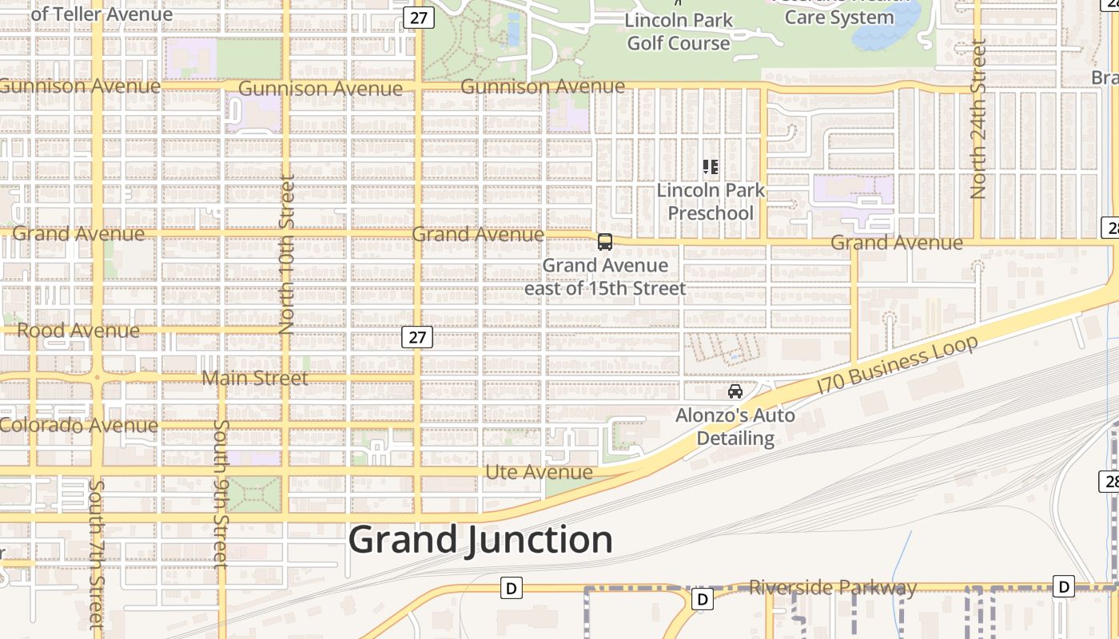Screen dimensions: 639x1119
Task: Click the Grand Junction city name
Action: coord(480,540)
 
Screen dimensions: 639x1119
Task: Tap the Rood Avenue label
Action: coord(78,331)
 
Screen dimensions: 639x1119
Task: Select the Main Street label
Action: coord(255,378)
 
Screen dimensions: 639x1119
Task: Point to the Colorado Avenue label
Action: coord(79,425)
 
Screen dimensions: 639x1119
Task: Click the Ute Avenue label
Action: coord(540,472)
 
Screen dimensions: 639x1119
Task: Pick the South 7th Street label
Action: coord(96,553)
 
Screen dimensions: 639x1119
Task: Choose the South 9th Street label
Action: coord(221,494)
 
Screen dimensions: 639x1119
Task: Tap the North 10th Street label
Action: coord(288,254)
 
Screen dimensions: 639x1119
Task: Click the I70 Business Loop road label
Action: coord(898,364)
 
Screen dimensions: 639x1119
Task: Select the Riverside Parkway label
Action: coord(833,588)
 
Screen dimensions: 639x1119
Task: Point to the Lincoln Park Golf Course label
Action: coord(679,31)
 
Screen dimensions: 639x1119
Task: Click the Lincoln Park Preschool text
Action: coord(711,202)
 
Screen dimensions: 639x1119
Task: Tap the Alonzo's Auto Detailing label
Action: coord(735,427)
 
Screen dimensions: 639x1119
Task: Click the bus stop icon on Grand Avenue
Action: coord(605,242)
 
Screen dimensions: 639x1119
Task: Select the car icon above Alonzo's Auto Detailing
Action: coord(735,391)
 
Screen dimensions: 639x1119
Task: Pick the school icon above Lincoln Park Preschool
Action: coord(711,167)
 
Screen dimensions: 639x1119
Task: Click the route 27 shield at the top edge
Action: coord(418,17)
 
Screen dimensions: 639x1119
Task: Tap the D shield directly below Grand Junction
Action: coord(512,589)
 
